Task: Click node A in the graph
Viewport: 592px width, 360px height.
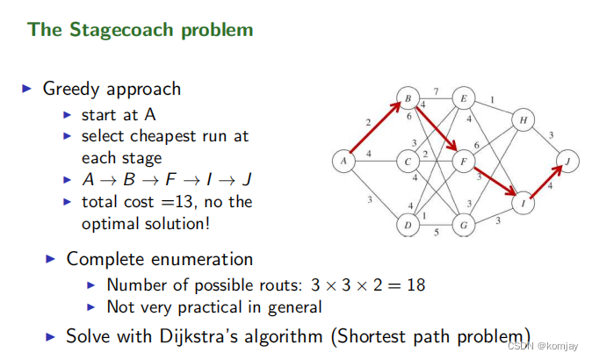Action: coord(343,161)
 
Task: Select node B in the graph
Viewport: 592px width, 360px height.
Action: coord(408,98)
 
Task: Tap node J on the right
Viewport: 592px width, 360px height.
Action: coord(568,161)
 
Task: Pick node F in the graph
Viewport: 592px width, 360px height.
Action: coord(464,162)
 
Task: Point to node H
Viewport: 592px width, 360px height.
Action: coord(523,120)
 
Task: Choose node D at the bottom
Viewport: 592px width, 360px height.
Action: coord(408,225)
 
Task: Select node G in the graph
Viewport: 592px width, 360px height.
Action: coord(464,225)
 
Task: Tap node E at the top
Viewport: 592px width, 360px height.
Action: coord(464,98)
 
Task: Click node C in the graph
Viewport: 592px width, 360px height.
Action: coord(408,162)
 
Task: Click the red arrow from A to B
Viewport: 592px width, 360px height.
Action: coord(376,129)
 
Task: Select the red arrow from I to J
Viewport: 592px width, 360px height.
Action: coord(546,182)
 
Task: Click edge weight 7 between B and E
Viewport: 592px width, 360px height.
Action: coord(437,91)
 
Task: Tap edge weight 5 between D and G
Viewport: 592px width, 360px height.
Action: coord(437,233)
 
